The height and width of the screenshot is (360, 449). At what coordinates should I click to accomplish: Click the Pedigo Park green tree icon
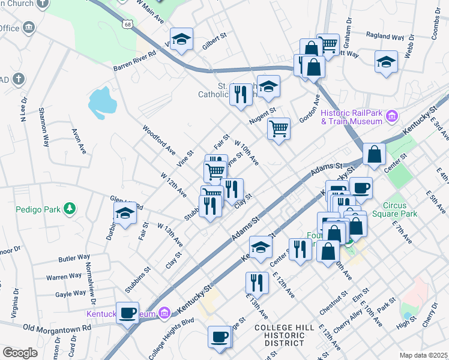click(71, 208)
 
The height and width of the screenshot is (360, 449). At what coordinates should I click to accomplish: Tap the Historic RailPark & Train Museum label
click(351, 117)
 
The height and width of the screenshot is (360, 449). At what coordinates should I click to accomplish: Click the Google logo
click(20, 353)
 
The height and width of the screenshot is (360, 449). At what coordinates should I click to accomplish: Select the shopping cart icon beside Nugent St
click(279, 128)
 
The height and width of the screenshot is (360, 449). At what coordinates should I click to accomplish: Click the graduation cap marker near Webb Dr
click(386, 61)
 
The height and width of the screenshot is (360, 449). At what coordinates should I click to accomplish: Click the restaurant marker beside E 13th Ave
click(257, 283)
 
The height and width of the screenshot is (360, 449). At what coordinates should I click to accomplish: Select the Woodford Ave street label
click(158, 139)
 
